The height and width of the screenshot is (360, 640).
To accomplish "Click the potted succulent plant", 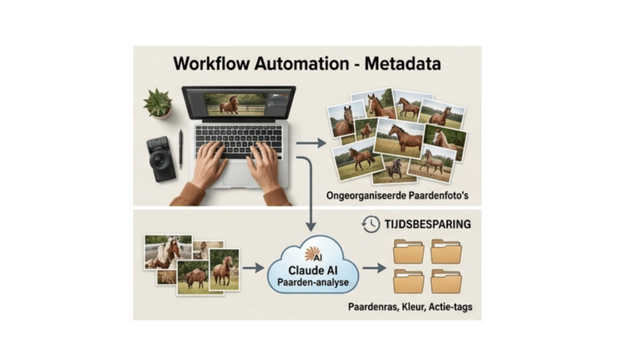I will (x=157, y=103).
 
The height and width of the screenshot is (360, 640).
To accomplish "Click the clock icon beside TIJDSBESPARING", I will (x=371, y=224).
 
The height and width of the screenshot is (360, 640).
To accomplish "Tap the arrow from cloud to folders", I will (x=374, y=269).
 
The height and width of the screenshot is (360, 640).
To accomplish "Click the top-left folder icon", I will (x=409, y=251).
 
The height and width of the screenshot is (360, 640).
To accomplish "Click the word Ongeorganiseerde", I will (x=367, y=196).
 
